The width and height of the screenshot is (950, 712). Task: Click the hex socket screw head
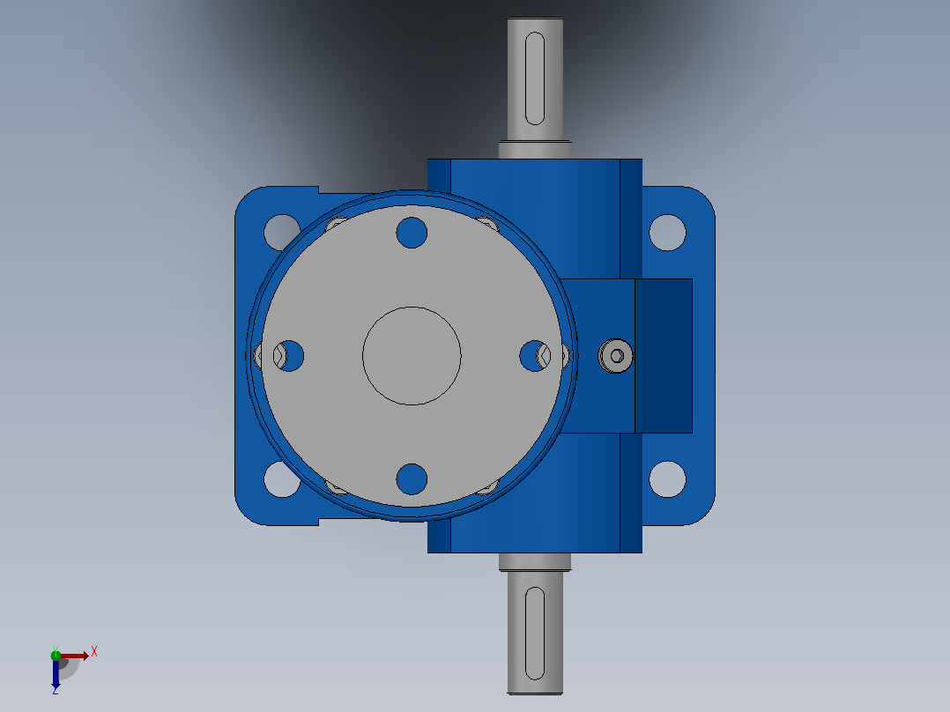click(x=615, y=356)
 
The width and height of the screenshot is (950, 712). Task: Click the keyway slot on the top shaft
click(x=535, y=78)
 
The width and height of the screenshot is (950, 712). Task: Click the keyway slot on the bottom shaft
click(x=535, y=633)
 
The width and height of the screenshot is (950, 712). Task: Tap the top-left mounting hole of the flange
click(x=282, y=232)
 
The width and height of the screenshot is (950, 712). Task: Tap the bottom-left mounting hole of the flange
click(x=282, y=479)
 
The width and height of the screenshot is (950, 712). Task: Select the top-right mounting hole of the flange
click(x=667, y=232)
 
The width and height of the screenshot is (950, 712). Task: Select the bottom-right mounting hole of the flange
click(x=667, y=479)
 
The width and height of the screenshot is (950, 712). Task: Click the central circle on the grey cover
click(x=412, y=356)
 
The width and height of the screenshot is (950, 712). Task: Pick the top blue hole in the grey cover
click(x=412, y=233)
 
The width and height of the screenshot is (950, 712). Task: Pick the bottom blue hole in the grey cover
click(x=412, y=479)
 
